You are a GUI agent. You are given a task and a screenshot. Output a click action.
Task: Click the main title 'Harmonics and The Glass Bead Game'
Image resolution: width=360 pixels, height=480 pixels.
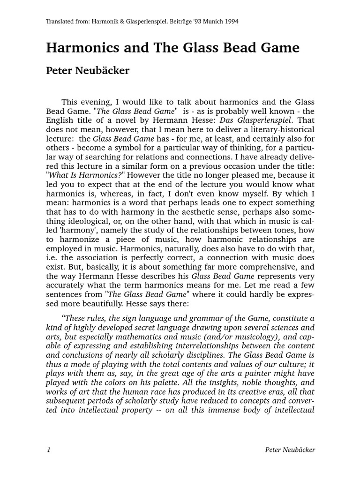click(172, 48)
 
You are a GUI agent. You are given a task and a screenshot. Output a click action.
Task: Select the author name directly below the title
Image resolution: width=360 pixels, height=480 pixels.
click(87, 71)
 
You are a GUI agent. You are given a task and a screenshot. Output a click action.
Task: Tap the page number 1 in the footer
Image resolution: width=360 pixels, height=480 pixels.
click(48, 450)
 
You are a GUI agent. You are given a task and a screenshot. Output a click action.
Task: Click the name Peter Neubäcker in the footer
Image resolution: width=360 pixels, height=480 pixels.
click(290, 450)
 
